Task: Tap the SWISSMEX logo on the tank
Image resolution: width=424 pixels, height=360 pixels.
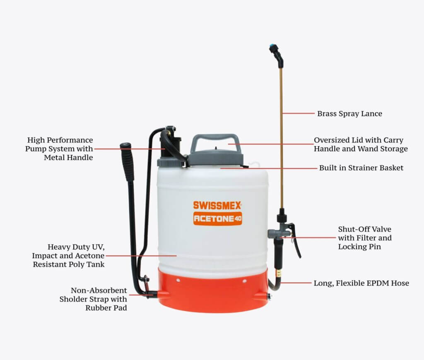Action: pos(217,205)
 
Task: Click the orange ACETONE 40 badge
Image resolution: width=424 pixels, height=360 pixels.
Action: pos(217,218)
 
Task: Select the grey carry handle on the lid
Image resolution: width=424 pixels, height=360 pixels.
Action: pos(215,144)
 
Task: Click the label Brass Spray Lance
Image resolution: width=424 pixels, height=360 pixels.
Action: pos(349,113)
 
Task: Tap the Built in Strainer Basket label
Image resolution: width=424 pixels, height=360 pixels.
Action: pos(361,168)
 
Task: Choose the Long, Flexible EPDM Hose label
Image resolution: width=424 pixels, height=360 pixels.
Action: pos(361,283)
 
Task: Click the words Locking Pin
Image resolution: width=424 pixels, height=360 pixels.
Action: pos(359,247)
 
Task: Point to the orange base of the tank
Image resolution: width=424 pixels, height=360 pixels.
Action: pos(214,291)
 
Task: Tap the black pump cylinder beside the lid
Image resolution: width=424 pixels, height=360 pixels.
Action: pos(171,147)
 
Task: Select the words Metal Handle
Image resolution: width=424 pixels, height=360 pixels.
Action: pos(68,157)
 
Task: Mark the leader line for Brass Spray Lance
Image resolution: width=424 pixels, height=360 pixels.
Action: pos(299,113)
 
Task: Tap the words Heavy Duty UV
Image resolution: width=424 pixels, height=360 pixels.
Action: pos(76,247)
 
